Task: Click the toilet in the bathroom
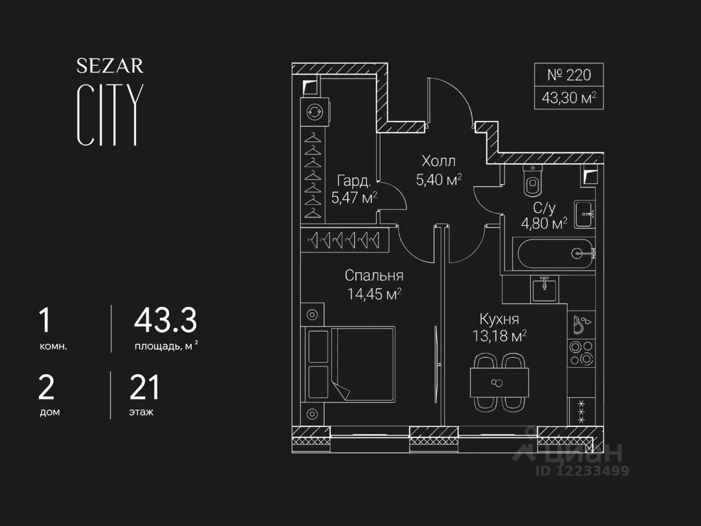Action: [532, 180]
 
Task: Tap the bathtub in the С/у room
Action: [554, 254]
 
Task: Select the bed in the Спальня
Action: [350, 364]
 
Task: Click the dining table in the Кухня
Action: [499, 382]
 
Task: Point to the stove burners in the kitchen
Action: [582, 353]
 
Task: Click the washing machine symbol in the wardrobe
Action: [314, 112]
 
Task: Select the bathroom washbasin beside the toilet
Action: [584, 214]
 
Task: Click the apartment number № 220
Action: [569, 75]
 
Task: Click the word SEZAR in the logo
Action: [110, 66]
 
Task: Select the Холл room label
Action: [439, 161]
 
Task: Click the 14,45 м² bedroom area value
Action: [374, 294]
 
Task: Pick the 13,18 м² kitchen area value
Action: [499, 336]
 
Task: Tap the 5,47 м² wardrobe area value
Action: [354, 197]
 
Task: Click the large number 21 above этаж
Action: [145, 387]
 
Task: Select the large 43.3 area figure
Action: [165, 321]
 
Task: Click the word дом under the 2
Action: [50, 412]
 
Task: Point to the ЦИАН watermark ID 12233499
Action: [582, 471]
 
